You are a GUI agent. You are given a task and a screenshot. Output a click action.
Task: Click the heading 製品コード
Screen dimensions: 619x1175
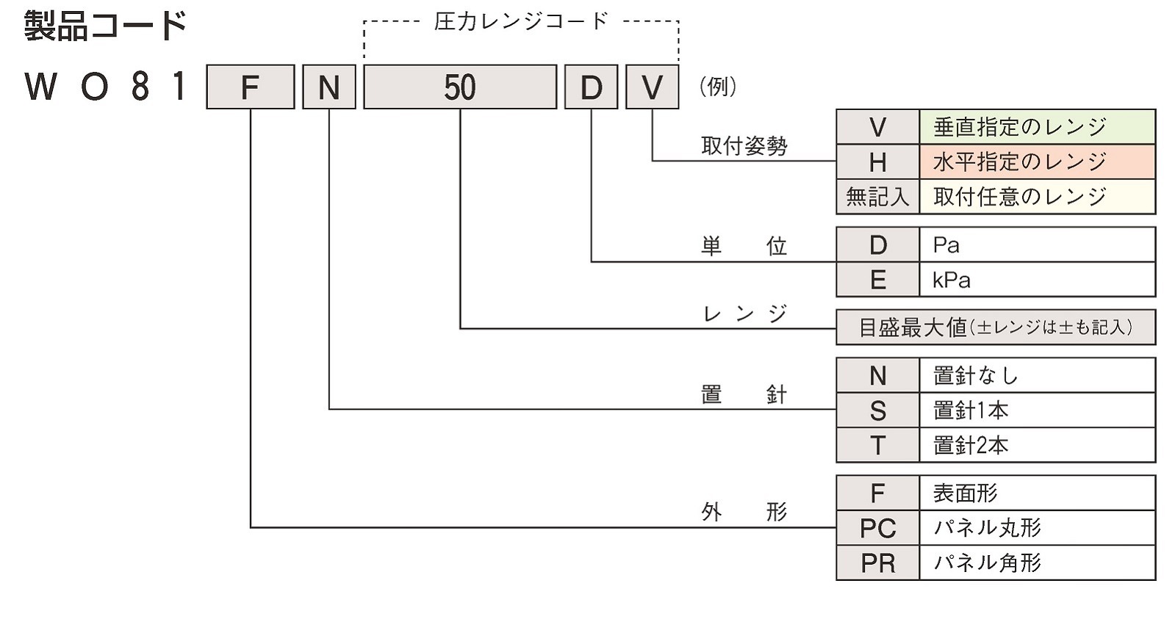tap(105, 26)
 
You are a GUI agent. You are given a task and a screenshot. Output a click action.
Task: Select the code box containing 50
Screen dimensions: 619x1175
tap(460, 87)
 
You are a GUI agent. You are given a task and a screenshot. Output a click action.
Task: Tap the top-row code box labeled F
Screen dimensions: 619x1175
tap(251, 87)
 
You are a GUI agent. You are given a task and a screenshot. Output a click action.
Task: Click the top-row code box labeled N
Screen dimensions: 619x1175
tap(329, 87)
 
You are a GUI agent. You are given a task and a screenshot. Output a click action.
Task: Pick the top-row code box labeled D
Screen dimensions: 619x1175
tap(591, 87)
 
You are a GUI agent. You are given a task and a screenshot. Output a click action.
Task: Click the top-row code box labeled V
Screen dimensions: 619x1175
tap(652, 87)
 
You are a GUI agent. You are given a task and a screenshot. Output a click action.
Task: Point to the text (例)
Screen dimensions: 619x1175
tap(717, 87)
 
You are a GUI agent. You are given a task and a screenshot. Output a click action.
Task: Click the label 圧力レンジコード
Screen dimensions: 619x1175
tap(521, 21)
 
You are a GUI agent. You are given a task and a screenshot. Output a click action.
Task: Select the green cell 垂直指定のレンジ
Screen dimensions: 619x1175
tap(1036, 127)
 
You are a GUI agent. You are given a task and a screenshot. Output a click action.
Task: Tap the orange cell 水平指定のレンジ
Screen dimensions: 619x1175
tap(1036, 162)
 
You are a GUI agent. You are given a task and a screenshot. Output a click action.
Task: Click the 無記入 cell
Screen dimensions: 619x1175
tap(877, 197)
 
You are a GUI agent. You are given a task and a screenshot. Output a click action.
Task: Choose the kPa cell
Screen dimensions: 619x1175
tap(1036, 280)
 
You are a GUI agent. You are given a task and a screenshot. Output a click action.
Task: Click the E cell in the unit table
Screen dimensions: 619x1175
tap(877, 280)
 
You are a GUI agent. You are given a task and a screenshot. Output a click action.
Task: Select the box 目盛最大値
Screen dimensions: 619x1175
tap(996, 327)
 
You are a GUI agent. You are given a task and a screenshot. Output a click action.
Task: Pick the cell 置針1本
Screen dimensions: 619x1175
tap(1036, 410)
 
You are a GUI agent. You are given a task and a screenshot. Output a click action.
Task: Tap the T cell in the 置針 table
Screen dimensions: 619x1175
tap(877, 445)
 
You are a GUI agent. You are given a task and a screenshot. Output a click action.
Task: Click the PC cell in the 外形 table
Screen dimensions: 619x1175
tap(877, 528)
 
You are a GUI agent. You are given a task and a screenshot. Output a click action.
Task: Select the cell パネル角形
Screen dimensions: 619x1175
tap(1036, 562)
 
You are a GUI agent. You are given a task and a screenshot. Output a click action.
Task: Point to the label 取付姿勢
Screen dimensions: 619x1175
tap(744, 146)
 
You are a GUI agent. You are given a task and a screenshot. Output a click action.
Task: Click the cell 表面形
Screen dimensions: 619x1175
tap(1036, 493)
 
